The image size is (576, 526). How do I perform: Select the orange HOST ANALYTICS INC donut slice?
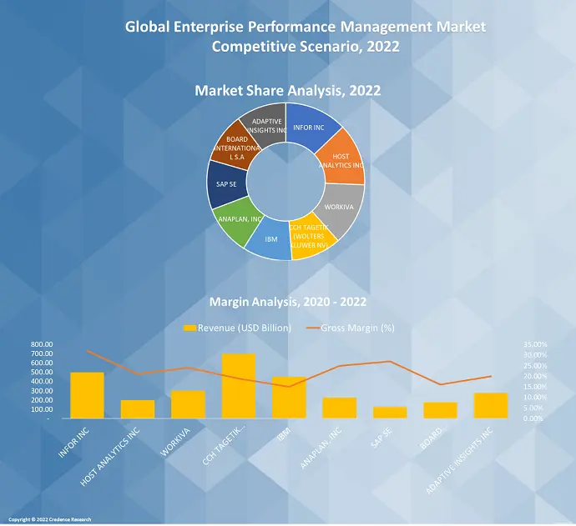pos(344,163)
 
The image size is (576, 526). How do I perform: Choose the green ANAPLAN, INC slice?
pos(234,221)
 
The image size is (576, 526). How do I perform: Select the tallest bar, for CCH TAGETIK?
pos(238,386)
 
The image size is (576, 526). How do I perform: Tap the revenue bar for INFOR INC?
pos(87,395)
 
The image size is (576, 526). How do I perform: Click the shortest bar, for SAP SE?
pos(390,412)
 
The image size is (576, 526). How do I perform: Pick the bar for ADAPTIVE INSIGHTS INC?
pos(491,405)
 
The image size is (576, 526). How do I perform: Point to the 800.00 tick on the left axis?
pos(42,344)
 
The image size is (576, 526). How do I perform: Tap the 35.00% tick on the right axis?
pos(535,344)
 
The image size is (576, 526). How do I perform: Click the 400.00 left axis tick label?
pos(42,382)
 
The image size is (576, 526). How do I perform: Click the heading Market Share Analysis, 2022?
pos(288,90)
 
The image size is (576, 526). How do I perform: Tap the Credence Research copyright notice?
pos(50,519)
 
